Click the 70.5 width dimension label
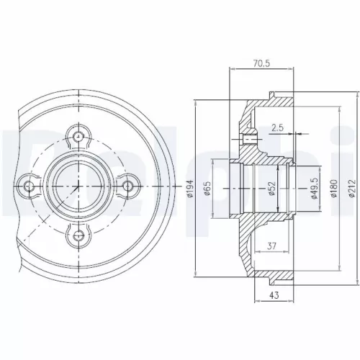coord(261,63)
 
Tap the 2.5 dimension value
coord(278,127)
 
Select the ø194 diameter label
coord(190,189)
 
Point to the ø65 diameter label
coord(208,188)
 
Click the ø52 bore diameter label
coord(272,188)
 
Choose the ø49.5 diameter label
coord(315,188)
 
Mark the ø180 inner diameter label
coord(333,188)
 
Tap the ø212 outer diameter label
coord(351,188)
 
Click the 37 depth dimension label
coord(271,246)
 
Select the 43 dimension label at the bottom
coord(274,295)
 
